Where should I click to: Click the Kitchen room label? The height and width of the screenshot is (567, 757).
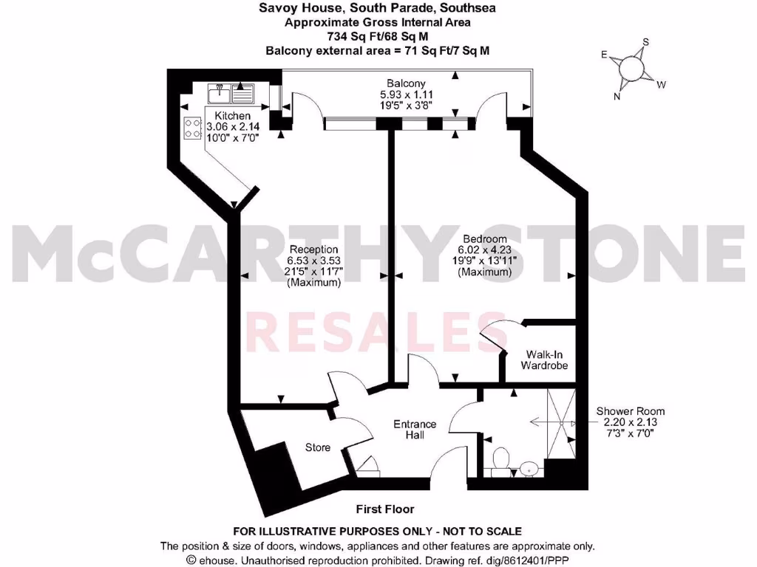tap(232, 116)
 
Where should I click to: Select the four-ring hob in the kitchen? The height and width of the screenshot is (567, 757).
tap(194, 128)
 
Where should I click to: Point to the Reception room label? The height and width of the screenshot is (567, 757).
tap(313, 250)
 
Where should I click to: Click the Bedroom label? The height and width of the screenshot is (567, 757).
tap(484, 239)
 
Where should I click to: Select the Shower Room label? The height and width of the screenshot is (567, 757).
tap(631, 411)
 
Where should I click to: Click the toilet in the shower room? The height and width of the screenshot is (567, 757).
tap(501, 458)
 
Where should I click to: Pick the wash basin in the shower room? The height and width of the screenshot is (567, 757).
tap(528, 467)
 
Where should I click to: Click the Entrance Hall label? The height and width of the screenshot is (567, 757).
tap(414, 430)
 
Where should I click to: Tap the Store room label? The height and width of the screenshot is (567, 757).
tap(318, 447)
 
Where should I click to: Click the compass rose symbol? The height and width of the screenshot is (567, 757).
tap(631, 69)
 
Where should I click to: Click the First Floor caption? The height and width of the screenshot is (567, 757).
tap(384, 509)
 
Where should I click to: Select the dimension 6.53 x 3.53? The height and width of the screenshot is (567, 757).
tap(313, 261)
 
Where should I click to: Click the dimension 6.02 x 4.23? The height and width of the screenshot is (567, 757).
tap(484, 250)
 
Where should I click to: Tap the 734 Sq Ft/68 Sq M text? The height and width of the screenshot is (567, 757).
tap(378, 35)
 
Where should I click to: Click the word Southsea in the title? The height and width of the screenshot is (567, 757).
tap(465, 8)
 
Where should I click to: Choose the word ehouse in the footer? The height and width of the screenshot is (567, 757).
tap(214, 560)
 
